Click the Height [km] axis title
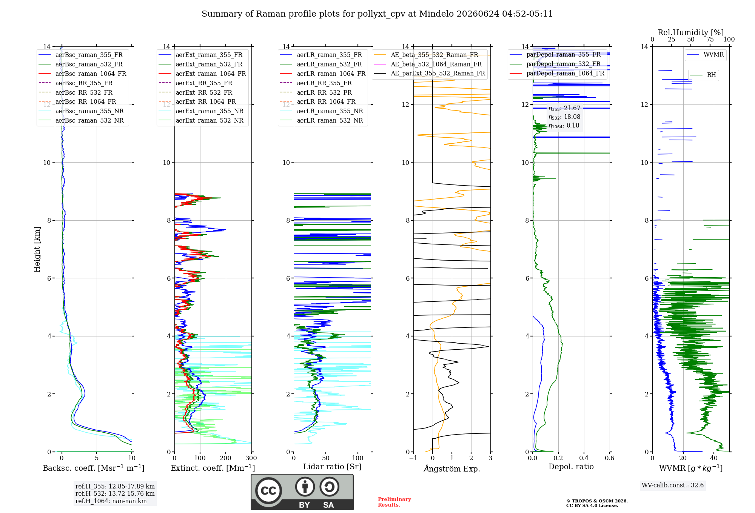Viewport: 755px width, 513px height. pos(37,249)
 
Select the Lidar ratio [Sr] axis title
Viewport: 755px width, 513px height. pos(332,467)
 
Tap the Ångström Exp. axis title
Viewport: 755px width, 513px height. pos(452,468)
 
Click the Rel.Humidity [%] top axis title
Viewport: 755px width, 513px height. pos(691,32)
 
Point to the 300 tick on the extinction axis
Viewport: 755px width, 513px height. pos(251,458)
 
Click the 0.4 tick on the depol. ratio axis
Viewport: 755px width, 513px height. pos(584,458)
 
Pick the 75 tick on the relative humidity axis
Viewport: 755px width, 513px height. pos(710,39)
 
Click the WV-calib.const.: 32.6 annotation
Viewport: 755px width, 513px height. pos(673,485)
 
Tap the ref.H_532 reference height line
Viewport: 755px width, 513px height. pos(115,493)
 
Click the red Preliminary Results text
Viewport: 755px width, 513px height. pos(394,502)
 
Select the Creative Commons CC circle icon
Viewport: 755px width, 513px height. pos(268,491)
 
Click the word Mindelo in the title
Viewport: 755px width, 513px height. pos(436,14)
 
